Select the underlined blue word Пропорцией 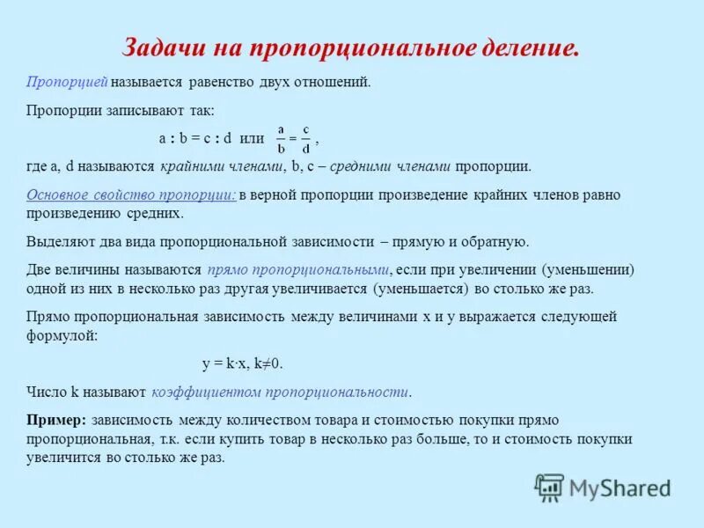tap(67, 82)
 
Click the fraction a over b tap(281, 138)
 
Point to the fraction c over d tap(305, 138)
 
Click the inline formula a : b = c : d tap(194, 139)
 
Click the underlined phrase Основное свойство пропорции tap(131, 195)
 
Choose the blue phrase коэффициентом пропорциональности tap(281, 392)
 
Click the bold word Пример tap(55, 420)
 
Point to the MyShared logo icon tap(549, 487)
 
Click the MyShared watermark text tap(620, 488)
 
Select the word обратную tap(498, 241)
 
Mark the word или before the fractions tap(252, 139)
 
